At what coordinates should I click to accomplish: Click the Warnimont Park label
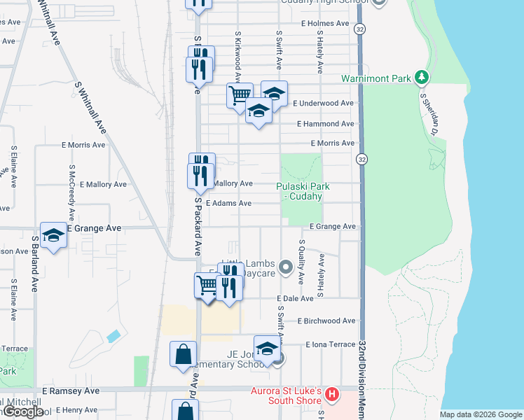375,78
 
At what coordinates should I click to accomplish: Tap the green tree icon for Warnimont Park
422,77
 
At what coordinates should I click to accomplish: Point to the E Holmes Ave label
325,23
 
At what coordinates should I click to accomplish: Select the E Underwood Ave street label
323,103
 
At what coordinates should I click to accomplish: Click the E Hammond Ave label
325,124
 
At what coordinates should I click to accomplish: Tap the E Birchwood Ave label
326,321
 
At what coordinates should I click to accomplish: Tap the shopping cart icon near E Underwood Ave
240,94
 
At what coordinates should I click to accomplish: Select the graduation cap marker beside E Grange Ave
53,236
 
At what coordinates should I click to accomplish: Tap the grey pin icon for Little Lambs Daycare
285,267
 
